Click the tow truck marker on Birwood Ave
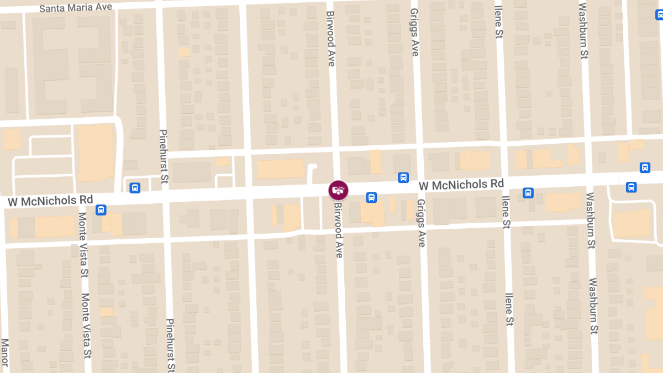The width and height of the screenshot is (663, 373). [338, 190]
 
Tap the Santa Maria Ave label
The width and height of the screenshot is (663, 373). [76, 8]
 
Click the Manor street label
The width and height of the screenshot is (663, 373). [5, 352]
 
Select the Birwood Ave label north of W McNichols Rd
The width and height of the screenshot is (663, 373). [331, 38]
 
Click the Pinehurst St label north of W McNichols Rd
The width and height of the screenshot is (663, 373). [164, 156]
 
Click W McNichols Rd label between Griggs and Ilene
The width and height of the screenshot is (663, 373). [461, 185]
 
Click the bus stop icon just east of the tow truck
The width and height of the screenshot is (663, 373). [372, 197]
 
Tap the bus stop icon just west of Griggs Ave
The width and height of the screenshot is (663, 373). [403, 178]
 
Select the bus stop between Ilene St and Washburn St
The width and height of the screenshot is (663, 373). [528, 193]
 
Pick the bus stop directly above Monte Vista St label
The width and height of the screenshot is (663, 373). [101, 209]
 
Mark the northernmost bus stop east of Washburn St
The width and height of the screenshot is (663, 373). [645, 167]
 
